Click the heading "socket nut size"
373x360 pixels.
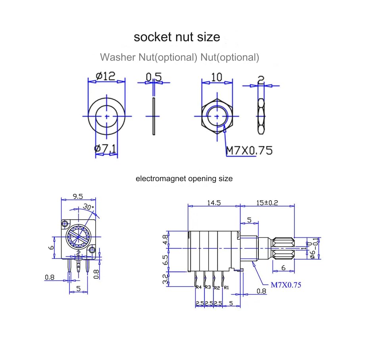(177, 37)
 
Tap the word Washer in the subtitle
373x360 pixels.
(118, 57)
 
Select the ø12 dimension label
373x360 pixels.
(106, 76)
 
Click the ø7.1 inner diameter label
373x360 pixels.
(106, 149)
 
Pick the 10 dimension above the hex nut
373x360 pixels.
(216, 77)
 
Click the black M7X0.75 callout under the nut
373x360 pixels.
(249, 150)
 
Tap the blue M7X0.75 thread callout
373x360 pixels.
(286, 285)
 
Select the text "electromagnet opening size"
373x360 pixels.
(184, 178)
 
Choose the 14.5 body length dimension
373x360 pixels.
(213, 203)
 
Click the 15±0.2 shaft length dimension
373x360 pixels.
(267, 203)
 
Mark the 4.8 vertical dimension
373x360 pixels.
(165, 239)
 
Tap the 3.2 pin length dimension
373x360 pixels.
(165, 278)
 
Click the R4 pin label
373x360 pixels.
(198, 287)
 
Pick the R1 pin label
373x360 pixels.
(226, 287)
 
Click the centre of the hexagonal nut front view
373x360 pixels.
(217, 116)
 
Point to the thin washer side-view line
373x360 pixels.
(153, 116)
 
